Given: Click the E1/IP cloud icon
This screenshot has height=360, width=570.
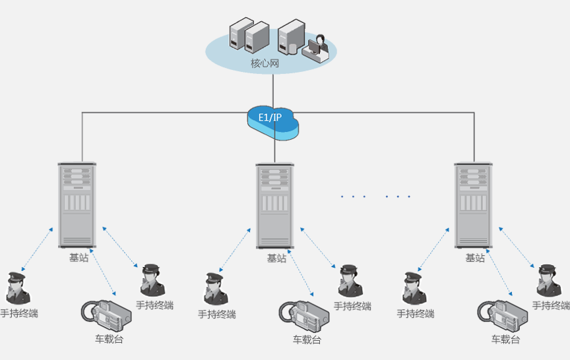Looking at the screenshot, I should click(272, 121).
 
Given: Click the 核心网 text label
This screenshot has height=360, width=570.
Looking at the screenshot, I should click(265, 64).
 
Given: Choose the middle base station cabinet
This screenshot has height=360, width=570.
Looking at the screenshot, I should click(274, 205).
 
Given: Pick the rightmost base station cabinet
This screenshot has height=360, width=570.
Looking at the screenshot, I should click(473, 205).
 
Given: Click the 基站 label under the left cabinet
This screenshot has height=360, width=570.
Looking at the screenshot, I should click(79, 258).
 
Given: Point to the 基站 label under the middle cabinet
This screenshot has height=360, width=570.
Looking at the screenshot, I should click(276, 258).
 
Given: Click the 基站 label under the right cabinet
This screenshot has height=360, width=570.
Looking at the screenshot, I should click(475, 258).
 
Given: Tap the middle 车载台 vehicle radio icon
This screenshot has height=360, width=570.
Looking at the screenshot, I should click(304, 315).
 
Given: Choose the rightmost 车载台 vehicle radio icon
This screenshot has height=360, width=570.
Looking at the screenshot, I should click(503, 315).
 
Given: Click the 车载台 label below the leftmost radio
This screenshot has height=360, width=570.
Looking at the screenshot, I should click(109, 340).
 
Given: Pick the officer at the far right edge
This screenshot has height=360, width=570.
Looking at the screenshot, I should click(548, 281).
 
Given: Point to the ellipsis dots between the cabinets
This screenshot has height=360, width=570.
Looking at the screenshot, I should click(376, 196).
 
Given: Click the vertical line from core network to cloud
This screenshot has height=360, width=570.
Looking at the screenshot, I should click(272, 88).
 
